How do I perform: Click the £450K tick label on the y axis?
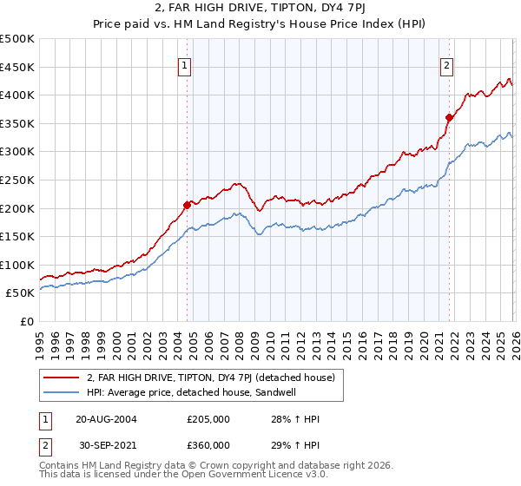tap(16, 67)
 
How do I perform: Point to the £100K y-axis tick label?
tap(16, 265)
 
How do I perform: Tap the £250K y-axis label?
tap(16, 180)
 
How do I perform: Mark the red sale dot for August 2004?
tap(187, 206)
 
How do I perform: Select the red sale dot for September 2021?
tap(449, 118)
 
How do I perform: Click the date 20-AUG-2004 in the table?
tap(106, 419)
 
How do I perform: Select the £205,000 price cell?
tap(208, 419)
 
